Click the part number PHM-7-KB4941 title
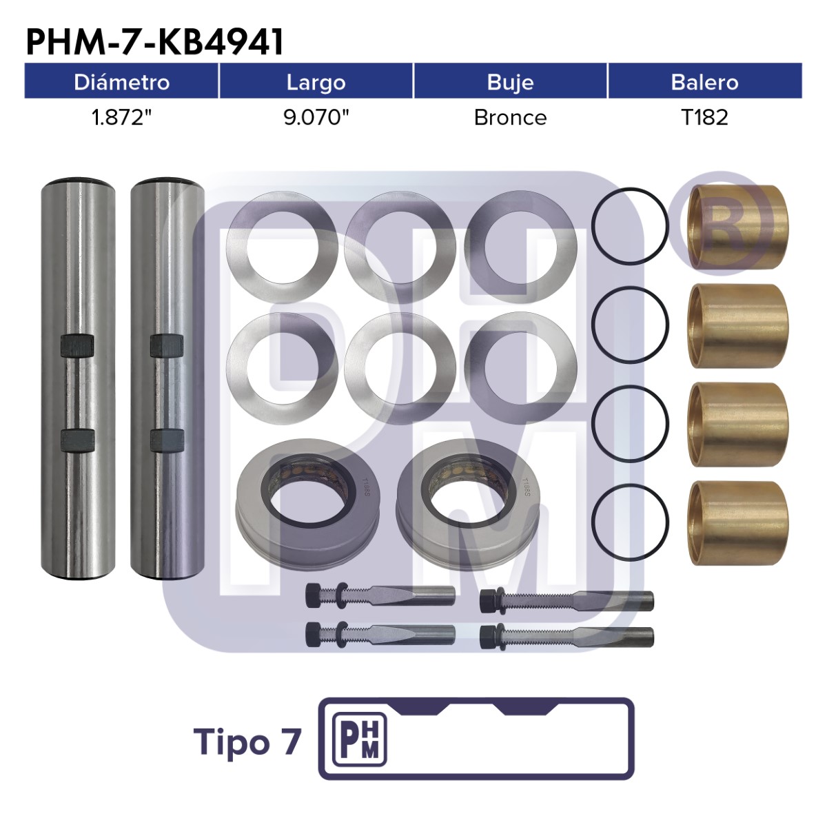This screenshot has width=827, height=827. click(154, 42)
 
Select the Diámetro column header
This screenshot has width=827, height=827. click(122, 82)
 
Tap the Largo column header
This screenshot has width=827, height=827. click(316, 83)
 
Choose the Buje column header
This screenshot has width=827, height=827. click(510, 83)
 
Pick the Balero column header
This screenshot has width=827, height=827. click(705, 82)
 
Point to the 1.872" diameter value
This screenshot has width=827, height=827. click(122, 117)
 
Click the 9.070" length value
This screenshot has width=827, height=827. click(316, 117)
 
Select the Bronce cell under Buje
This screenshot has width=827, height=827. click(510, 118)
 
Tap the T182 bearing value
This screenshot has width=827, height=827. click(705, 118)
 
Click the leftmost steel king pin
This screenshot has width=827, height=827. click(78, 378)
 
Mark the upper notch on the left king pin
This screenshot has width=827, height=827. click(77, 347)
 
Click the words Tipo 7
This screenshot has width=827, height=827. click(247, 742)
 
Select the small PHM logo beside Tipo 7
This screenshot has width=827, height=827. click(360, 741)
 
